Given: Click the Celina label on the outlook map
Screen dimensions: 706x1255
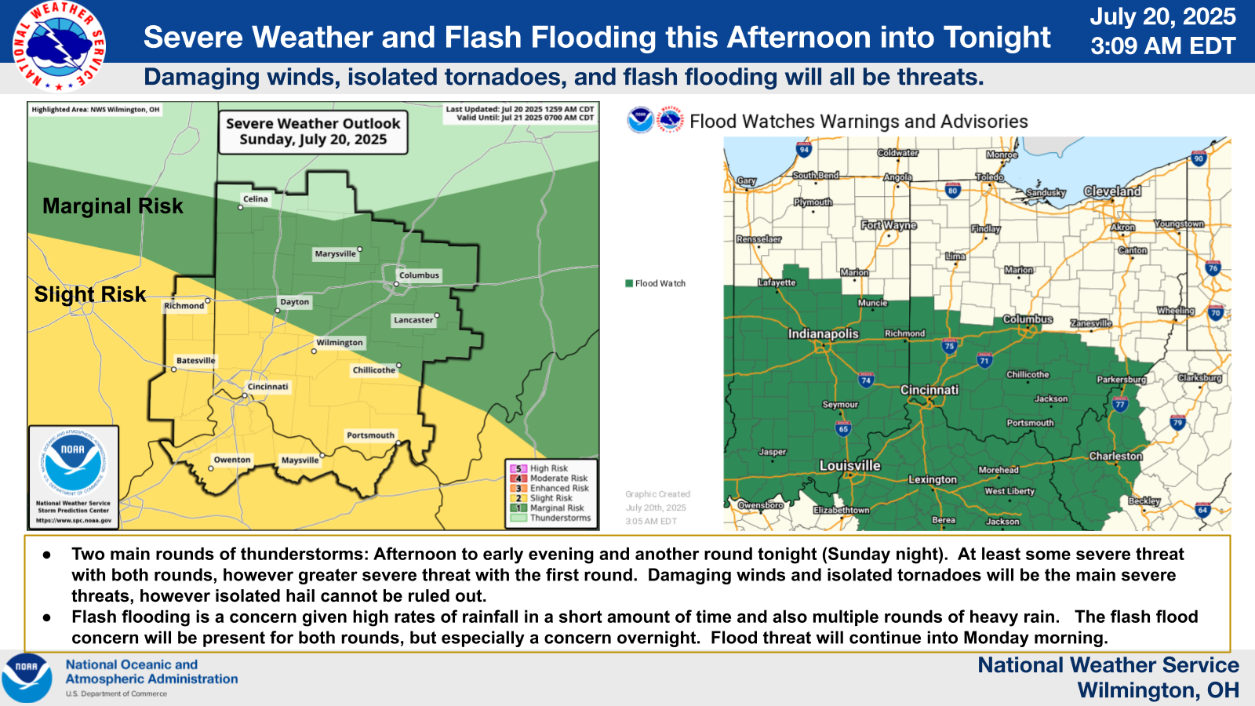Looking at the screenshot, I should pos(255,199).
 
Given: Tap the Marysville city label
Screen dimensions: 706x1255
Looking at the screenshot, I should pos(335,254).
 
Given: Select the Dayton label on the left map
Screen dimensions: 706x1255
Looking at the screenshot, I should pos(295,302).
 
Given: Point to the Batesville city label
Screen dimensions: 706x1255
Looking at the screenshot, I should pos(195,361).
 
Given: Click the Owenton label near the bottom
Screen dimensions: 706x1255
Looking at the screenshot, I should pos(232,460).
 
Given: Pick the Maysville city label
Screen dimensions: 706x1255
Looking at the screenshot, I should pos(300,460).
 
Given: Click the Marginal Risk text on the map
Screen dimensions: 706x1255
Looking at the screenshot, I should pos(112,206).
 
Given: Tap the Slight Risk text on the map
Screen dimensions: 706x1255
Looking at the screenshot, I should pos(90,294).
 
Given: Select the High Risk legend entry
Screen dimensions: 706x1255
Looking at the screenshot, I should pos(548,468).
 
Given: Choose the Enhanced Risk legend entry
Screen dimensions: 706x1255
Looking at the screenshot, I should pos(558,488).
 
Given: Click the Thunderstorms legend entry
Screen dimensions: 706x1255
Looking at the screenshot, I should pos(560,518).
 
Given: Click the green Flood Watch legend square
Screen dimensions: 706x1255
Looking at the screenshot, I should pos(629,283).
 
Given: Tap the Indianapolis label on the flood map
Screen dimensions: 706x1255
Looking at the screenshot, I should pos(823,334).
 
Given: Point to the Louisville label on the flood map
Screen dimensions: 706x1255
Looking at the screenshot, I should pos(849,466).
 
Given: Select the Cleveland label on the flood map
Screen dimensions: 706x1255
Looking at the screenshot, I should pos(1112,191).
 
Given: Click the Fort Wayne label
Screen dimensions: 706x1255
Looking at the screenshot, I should pos(889,225).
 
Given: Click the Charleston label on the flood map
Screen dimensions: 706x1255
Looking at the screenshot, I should pos(1115,457).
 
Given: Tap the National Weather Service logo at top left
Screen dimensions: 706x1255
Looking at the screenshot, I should pos(59,46).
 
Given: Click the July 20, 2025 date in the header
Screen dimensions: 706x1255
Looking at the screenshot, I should pos(1162,17).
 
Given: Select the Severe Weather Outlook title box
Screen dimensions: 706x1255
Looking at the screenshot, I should pos(313,132).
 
